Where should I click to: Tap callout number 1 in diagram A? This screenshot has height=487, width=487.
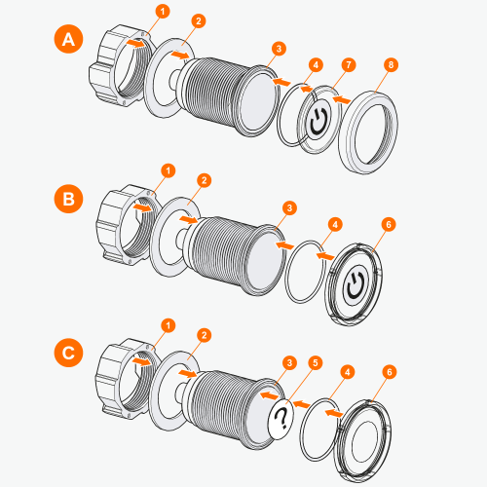coord(163,11)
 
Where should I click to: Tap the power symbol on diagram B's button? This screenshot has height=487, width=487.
coord(356,281)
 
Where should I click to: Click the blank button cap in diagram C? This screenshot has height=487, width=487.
coord(362,431)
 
